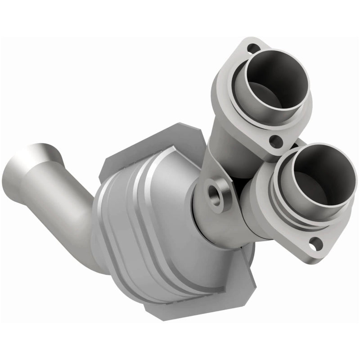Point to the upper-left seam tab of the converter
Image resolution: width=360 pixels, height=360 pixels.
coord(117,162)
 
